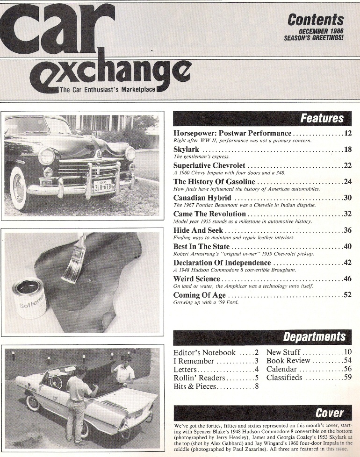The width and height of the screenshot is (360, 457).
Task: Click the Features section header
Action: [x=322, y=119]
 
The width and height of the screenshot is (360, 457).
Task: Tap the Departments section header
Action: [x=314, y=336]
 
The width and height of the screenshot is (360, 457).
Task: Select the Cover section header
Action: [x=329, y=413]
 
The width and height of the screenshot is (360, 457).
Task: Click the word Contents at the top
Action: [x=316, y=20]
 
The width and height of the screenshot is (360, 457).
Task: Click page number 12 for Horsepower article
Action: [x=347, y=134]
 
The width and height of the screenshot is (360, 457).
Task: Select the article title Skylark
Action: [x=186, y=150]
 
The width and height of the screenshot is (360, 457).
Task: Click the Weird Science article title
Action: [x=196, y=279]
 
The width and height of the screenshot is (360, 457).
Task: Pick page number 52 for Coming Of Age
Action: [x=347, y=295]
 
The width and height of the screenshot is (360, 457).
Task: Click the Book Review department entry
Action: [x=288, y=361]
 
